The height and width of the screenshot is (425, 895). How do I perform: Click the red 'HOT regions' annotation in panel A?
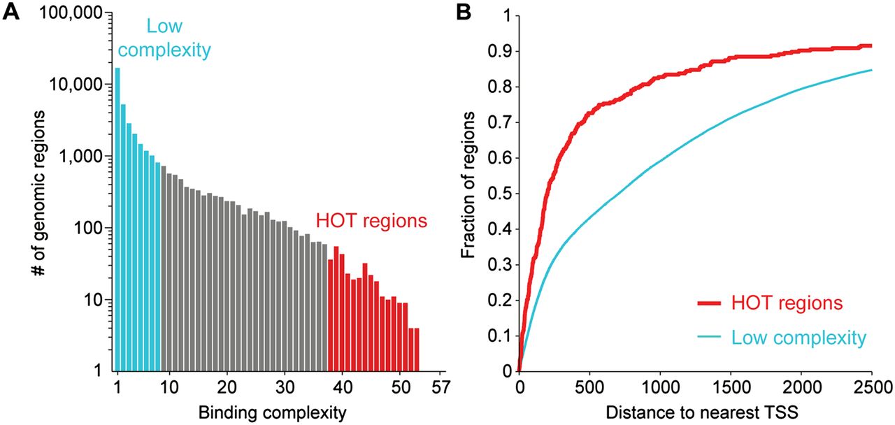371,222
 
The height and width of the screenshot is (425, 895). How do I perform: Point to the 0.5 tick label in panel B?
501,194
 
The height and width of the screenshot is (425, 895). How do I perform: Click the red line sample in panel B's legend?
711,303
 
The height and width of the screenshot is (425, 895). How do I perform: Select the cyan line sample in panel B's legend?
711,338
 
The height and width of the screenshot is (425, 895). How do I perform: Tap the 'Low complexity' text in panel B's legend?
799,338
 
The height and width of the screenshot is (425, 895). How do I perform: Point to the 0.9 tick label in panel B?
501,52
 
